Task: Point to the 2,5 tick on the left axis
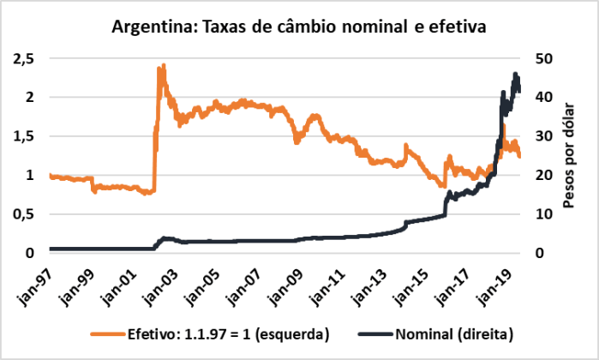point(23,58)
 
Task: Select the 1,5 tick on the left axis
point(23,136)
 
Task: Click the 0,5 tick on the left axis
point(23,214)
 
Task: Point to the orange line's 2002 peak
point(162,65)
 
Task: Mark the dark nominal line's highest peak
point(515,74)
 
